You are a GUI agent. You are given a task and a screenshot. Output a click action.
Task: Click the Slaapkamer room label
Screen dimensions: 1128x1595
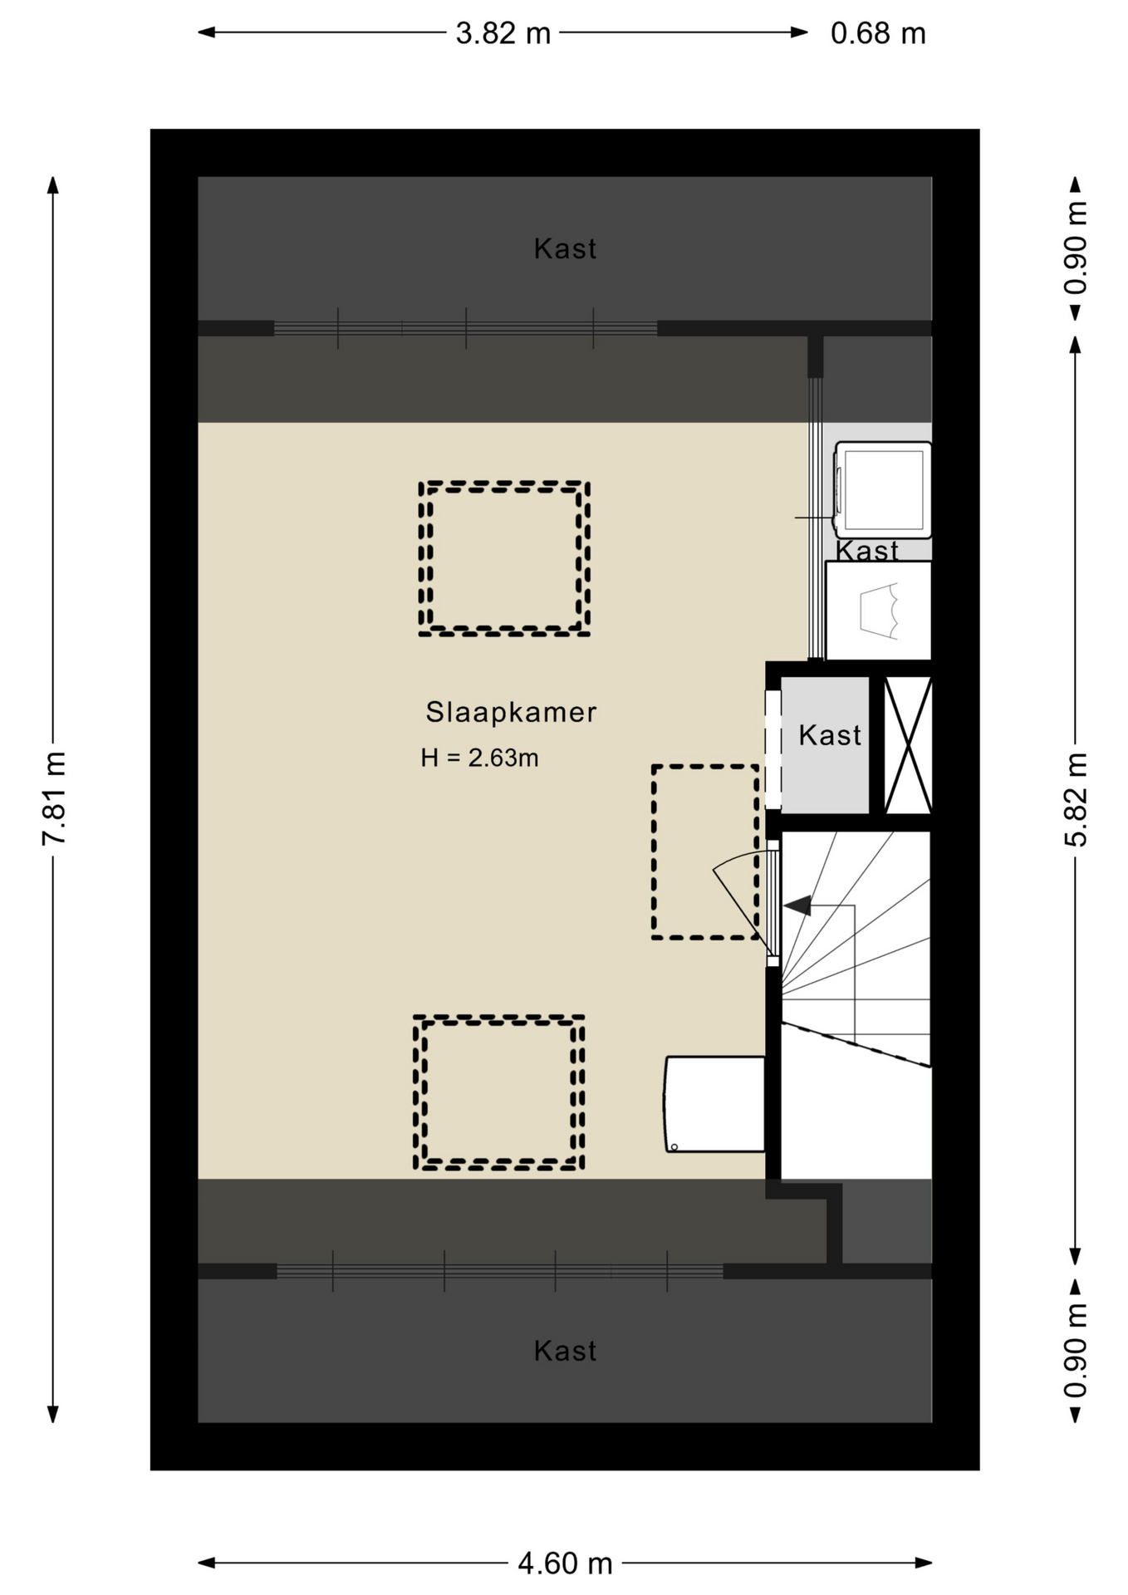coord(511,712)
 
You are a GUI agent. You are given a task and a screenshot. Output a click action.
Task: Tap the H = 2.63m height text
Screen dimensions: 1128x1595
coord(479,758)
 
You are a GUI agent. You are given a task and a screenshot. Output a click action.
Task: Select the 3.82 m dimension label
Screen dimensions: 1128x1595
coord(503,33)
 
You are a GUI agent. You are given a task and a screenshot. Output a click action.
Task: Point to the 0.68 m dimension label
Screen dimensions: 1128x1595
coord(878,33)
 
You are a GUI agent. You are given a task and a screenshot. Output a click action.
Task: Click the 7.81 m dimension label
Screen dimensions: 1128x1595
coord(55,798)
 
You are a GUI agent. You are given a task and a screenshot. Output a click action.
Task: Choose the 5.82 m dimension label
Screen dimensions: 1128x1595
coord(1076,798)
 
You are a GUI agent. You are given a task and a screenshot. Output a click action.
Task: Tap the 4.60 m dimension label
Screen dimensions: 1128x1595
coord(565,1563)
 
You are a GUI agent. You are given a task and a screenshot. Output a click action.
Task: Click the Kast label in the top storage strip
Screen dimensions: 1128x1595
coord(565,248)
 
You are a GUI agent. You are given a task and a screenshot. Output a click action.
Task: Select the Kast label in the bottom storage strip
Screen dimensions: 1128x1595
coord(565,1351)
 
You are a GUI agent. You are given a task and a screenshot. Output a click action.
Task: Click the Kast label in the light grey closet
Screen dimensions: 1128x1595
coord(830,734)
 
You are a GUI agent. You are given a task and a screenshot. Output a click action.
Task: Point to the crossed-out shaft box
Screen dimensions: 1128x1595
coord(907,745)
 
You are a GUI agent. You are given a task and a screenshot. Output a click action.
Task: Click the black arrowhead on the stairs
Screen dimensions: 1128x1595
coord(798,905)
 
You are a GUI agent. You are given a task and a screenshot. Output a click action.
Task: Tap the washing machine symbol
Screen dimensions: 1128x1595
coord(882,490)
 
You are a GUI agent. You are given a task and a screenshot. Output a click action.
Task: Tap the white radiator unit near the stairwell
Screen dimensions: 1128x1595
coord(714,1104)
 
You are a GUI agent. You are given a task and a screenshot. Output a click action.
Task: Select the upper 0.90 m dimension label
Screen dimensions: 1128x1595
coord(1076,247)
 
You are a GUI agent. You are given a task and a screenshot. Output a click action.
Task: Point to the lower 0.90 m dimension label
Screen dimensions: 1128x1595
coord(1076,1350)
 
